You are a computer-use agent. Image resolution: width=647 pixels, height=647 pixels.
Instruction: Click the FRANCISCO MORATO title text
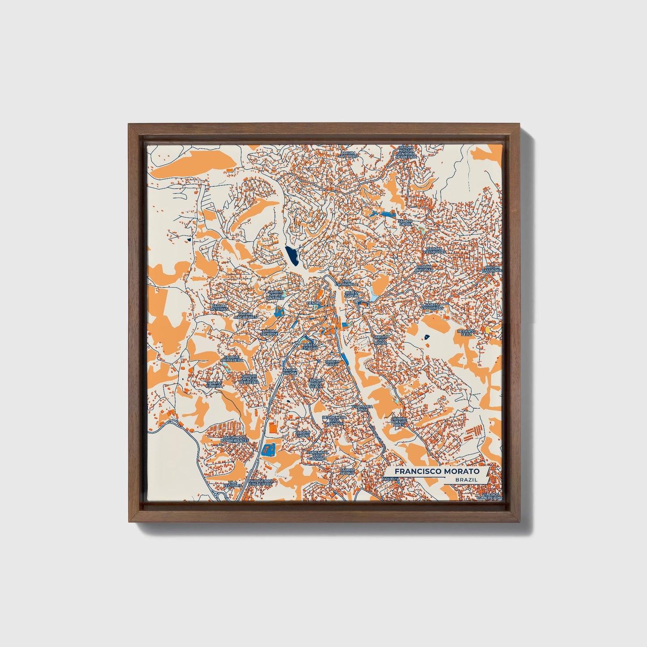(x=437, y=471)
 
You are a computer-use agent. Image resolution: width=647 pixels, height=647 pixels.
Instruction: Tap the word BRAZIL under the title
(x=466, y=479)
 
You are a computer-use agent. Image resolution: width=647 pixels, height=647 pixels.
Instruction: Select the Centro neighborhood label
(x=314, y=303)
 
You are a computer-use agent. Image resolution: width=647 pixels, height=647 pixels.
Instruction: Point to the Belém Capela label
(x=352, y=294)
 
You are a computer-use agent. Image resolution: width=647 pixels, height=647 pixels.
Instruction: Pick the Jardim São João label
(x=348, y=154)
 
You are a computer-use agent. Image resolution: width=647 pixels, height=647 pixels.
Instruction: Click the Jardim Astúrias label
(x=220, y=307)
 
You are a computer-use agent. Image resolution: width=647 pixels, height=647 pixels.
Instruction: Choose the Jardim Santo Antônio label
(x=275, y=294)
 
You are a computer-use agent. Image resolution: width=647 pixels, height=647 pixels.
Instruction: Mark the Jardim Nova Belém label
(x=315, y=383)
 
